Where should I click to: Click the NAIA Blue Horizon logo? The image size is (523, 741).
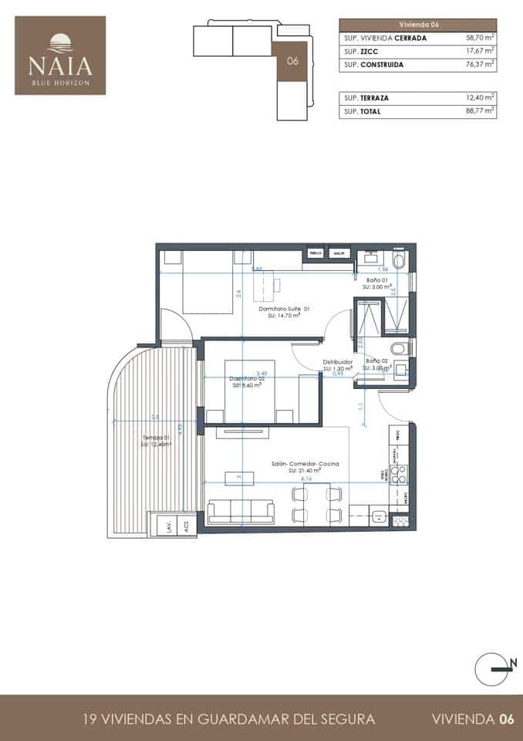60,56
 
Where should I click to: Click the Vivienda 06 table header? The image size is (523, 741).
417,25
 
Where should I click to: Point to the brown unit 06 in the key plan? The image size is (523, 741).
292,61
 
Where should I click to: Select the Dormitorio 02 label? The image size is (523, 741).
247,378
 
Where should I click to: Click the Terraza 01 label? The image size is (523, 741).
155,438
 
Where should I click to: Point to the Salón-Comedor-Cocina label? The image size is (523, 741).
305,464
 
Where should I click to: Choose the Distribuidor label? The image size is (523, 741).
338,362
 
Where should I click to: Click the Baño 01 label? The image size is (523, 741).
376,280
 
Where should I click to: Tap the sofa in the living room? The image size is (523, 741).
241,513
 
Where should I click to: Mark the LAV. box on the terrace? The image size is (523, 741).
167,526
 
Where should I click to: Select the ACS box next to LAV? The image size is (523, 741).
186,526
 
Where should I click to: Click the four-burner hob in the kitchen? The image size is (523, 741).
399,473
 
